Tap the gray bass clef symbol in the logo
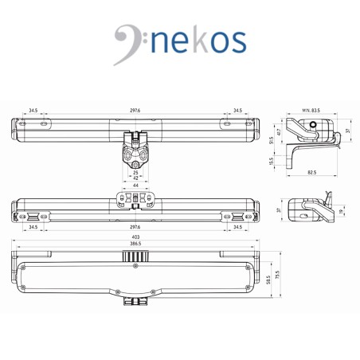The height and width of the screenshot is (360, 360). click(127, 42)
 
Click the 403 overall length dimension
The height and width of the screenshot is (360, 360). click(135, 237)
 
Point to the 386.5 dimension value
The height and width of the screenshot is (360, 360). click(135, 244)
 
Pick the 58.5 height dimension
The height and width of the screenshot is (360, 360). click(268, 280)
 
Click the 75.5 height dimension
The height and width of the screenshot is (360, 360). click(277, 275)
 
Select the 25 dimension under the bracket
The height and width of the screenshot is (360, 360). click(135, 173)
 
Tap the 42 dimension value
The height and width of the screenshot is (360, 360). click(135, 178)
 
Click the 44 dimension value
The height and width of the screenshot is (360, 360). click(135, 186)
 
